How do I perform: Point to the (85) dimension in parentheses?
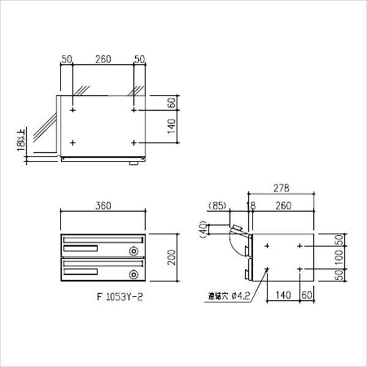tap(218, 205)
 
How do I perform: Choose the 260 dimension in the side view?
tap(282, 205)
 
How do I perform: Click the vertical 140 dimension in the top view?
tap(172, 127)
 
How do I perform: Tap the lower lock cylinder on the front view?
tap(133, 273)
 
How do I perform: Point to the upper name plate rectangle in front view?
tap(80, 248)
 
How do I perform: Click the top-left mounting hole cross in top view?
tap(73, 111)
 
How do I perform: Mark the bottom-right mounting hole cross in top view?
tap(134, 143)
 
